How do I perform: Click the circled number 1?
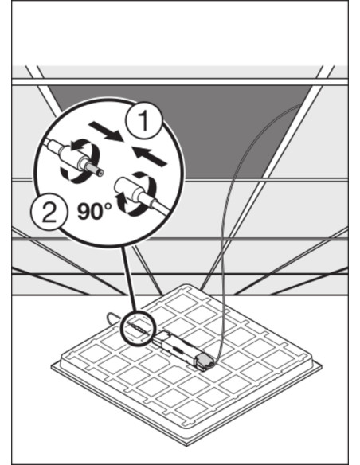point(144,121)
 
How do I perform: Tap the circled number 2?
point(49,213)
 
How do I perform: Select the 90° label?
point(95,211)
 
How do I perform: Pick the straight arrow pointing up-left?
point(149,155)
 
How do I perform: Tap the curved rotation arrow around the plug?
point(80,159)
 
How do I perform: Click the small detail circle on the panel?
point(139,327)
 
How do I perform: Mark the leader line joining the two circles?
point(129,279)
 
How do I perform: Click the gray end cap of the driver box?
point(205,361)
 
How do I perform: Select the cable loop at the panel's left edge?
point(112,318)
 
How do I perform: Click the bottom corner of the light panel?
point(188,444)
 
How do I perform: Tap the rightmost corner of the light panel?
point(322,367)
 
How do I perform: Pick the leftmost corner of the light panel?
point(52,367)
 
